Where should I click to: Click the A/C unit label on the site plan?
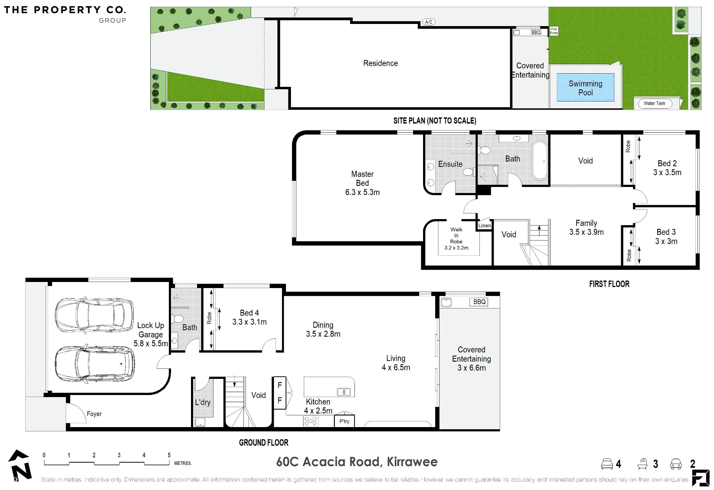(x=429, y=22)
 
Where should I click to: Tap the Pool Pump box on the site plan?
(x=554, y=31)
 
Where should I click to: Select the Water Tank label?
(x=654, y=103)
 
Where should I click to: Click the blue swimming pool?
(x=585, y=88)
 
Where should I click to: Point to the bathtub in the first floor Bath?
(x=539, y=160)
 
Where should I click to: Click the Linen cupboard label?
(x=484, y=226)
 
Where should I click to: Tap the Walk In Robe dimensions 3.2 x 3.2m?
(x=456, y=248)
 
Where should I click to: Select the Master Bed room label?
(x=362, y=183)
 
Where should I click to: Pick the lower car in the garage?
(x=95, y=364)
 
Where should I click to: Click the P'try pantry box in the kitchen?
(x=345, y=421)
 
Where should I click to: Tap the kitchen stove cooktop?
(x=310, y=422)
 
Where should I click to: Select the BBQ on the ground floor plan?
(x=479, y=302)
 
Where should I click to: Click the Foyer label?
(x=94, y=414)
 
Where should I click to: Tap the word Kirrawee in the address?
(x=412, y=462)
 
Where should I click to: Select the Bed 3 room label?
(x=666, y=237)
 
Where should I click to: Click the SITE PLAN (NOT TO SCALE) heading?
(x=435, y=121)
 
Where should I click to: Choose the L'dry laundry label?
(x=203, y=402)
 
